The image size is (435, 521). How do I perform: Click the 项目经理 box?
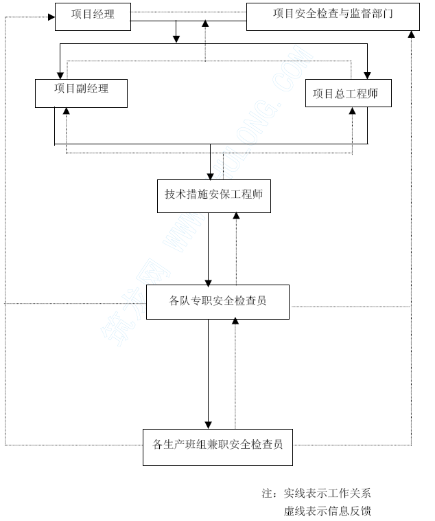(93, 17)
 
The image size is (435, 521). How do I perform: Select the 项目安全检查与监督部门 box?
(333, 17)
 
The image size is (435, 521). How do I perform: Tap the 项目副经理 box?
(81, 93)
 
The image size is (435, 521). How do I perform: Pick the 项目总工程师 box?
(349, 93)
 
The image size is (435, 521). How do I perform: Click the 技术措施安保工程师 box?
(214, 196)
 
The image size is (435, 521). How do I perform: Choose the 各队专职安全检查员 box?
(217, 302)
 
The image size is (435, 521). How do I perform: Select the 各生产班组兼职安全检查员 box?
(217, 447)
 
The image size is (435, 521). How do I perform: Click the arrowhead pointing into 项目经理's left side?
(51, 17)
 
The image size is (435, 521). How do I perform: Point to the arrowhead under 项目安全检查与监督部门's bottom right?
(411, 34)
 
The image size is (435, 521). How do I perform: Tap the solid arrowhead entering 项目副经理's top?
(60, 76)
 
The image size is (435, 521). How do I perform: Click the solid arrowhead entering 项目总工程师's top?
(367, 76)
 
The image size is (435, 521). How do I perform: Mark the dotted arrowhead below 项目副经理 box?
(67, 111)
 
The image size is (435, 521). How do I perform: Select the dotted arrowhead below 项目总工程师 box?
(353, 111)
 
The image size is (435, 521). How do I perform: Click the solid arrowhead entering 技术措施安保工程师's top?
(210, 177)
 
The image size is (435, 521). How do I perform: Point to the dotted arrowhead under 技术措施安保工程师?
(236, 216)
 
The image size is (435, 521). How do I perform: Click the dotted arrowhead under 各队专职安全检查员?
(235, 320)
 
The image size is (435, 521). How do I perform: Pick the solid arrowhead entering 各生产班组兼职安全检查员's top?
(208, 425)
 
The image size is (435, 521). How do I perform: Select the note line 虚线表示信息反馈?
(327, 511)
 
